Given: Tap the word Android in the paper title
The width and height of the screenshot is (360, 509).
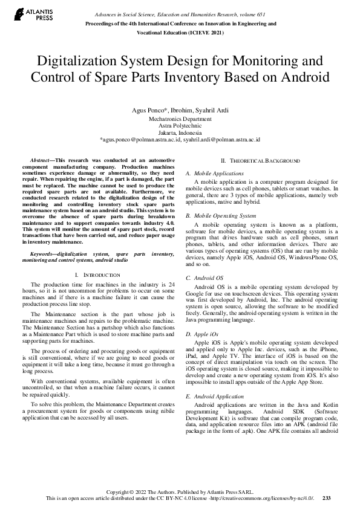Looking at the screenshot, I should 300,78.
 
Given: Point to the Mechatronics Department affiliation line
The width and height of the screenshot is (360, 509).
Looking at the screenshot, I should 180,120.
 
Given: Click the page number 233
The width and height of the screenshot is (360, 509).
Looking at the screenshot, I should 326,498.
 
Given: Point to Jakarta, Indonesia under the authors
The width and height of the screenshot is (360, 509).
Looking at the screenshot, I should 180,132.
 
